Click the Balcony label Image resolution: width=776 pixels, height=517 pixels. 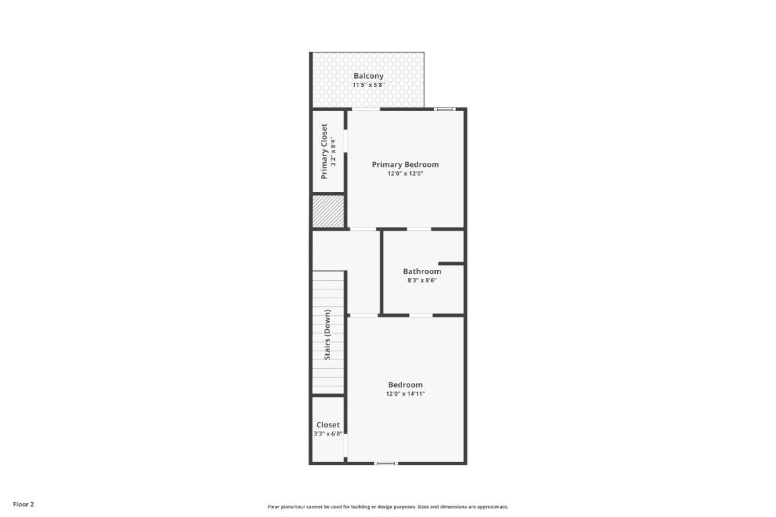point(368,76)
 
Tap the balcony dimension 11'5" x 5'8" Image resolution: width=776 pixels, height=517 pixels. point(368,85)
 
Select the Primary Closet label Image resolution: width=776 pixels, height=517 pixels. point(324,151)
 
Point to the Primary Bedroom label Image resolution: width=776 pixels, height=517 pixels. point(406,164)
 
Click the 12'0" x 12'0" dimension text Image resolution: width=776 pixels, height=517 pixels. point(406,174)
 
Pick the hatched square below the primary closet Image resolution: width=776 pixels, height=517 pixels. point(328,211)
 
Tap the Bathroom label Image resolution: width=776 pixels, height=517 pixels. point(422,271)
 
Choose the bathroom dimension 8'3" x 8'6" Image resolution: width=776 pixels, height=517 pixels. point(422,281)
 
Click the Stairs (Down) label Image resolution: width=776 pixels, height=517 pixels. point(327,335)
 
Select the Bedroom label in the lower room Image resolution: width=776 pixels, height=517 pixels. point(406,385)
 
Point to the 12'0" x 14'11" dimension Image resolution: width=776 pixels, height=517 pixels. point(406,394)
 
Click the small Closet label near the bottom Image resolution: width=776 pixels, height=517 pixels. point(328,425)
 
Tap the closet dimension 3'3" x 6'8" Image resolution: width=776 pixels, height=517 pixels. point(328,434)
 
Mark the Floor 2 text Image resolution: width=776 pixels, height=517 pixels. point(23,504)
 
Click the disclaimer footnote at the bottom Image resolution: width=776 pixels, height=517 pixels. point(388,507)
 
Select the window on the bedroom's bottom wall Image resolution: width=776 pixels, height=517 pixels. point(386,463)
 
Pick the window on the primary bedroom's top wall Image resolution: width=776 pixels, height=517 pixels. point(444,109)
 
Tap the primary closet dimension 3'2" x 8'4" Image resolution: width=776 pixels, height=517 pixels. point(333,151)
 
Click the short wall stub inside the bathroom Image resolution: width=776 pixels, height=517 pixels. point(451,263)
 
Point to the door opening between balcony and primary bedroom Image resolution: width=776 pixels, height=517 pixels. point(366,109)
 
